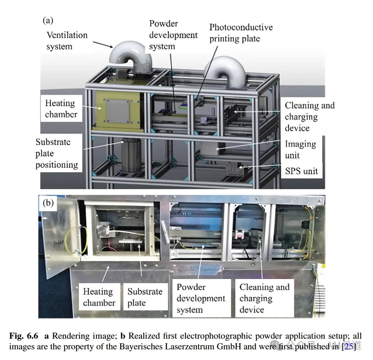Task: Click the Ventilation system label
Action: click(67, 41)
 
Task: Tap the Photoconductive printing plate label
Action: click(241, 33)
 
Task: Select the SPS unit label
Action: click(301, 171)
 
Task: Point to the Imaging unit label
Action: click(301, 149)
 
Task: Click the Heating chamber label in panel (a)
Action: click(61, 109)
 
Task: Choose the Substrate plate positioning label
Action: click(57, 153)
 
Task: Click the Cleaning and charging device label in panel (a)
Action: click(310, 116)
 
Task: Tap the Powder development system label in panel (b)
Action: click(201, 298)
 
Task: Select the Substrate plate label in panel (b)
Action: click(145, 297)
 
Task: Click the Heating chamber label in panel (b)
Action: click(99, 297)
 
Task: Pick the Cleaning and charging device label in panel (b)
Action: click(264, 298)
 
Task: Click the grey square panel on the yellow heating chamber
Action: click(118, 111)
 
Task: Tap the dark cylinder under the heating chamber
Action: click(131, 155)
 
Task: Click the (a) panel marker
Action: click(48, 21)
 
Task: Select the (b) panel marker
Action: click(48, 203)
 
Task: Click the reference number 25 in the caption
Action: click(348, 346)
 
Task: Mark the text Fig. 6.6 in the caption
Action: click(24, 336)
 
